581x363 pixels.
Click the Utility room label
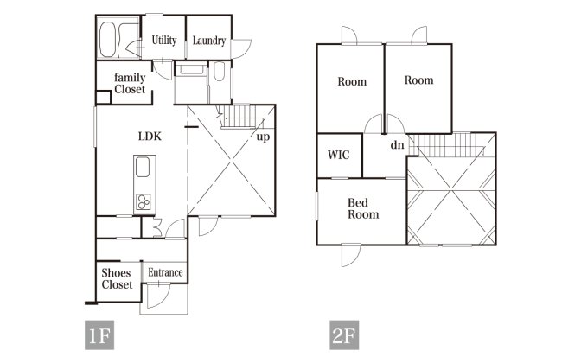(164, 40)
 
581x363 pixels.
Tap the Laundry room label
(209, 41)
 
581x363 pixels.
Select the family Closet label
(130, 83)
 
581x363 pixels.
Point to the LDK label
(150, 137)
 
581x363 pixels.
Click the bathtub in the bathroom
(107, 39)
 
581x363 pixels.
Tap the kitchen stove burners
(143, 202)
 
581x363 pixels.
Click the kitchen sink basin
(143, 167)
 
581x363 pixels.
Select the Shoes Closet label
(117, 278)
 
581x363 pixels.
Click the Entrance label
(165, 272)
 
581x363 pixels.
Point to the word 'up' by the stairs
(263, 137)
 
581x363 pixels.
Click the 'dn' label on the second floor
(397, 144)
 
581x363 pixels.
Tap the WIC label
(338, 155)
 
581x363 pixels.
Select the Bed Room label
(363, 208)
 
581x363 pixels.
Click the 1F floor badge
(99, 335)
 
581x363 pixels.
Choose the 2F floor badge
(344, 335)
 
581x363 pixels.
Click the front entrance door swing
(158, 296)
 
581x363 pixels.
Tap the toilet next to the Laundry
(220, 72)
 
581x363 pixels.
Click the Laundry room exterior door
(241, 48)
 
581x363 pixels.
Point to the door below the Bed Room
(350, 255)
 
